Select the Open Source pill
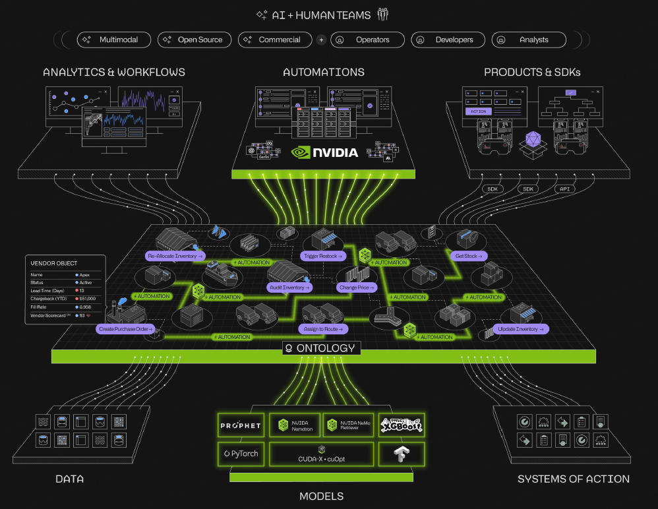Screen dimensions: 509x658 pyautogui.click(x=194, y=40)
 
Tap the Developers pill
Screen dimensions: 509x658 pyautogui.click(x=448, y=40)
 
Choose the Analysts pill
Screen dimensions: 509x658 pyautogui.click(x=528, y=40)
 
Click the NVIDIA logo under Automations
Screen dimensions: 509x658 pyautogui.click(x=324, y=153)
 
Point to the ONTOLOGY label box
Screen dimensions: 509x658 pyautogui.click(x=319, y=348)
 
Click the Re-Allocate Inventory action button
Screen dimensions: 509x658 pyautogui.click(x=175, y=255)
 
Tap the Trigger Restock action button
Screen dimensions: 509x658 pyautogui.click(x=322, y=255)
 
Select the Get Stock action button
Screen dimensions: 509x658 pyautogui.click(x=469, y=255)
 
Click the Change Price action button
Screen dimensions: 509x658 pyautogui.click(x=357, y=287)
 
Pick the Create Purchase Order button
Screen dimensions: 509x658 pyautogui.click(x=125, y=328)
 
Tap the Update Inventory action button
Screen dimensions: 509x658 pyautogui.click(x=520, y=328)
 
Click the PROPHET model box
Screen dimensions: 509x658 pyautogui.click(x=240, y=426)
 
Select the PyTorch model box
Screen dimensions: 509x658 pyautogui.click(x=240, y=454)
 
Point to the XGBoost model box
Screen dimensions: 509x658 pyautogui.click(x=401, y=426)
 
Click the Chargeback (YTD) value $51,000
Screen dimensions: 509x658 pyautogui.click(x=88, y=299)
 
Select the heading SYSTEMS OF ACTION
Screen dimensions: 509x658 pyautogui.click(x=573, y=479)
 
